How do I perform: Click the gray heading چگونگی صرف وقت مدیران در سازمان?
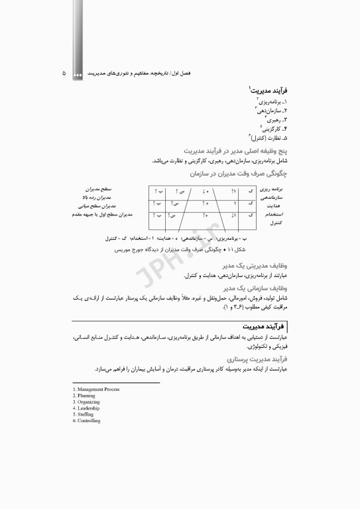(239, 174)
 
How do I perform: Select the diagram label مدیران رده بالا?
(105, 198)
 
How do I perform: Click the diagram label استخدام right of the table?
(272, 215)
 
